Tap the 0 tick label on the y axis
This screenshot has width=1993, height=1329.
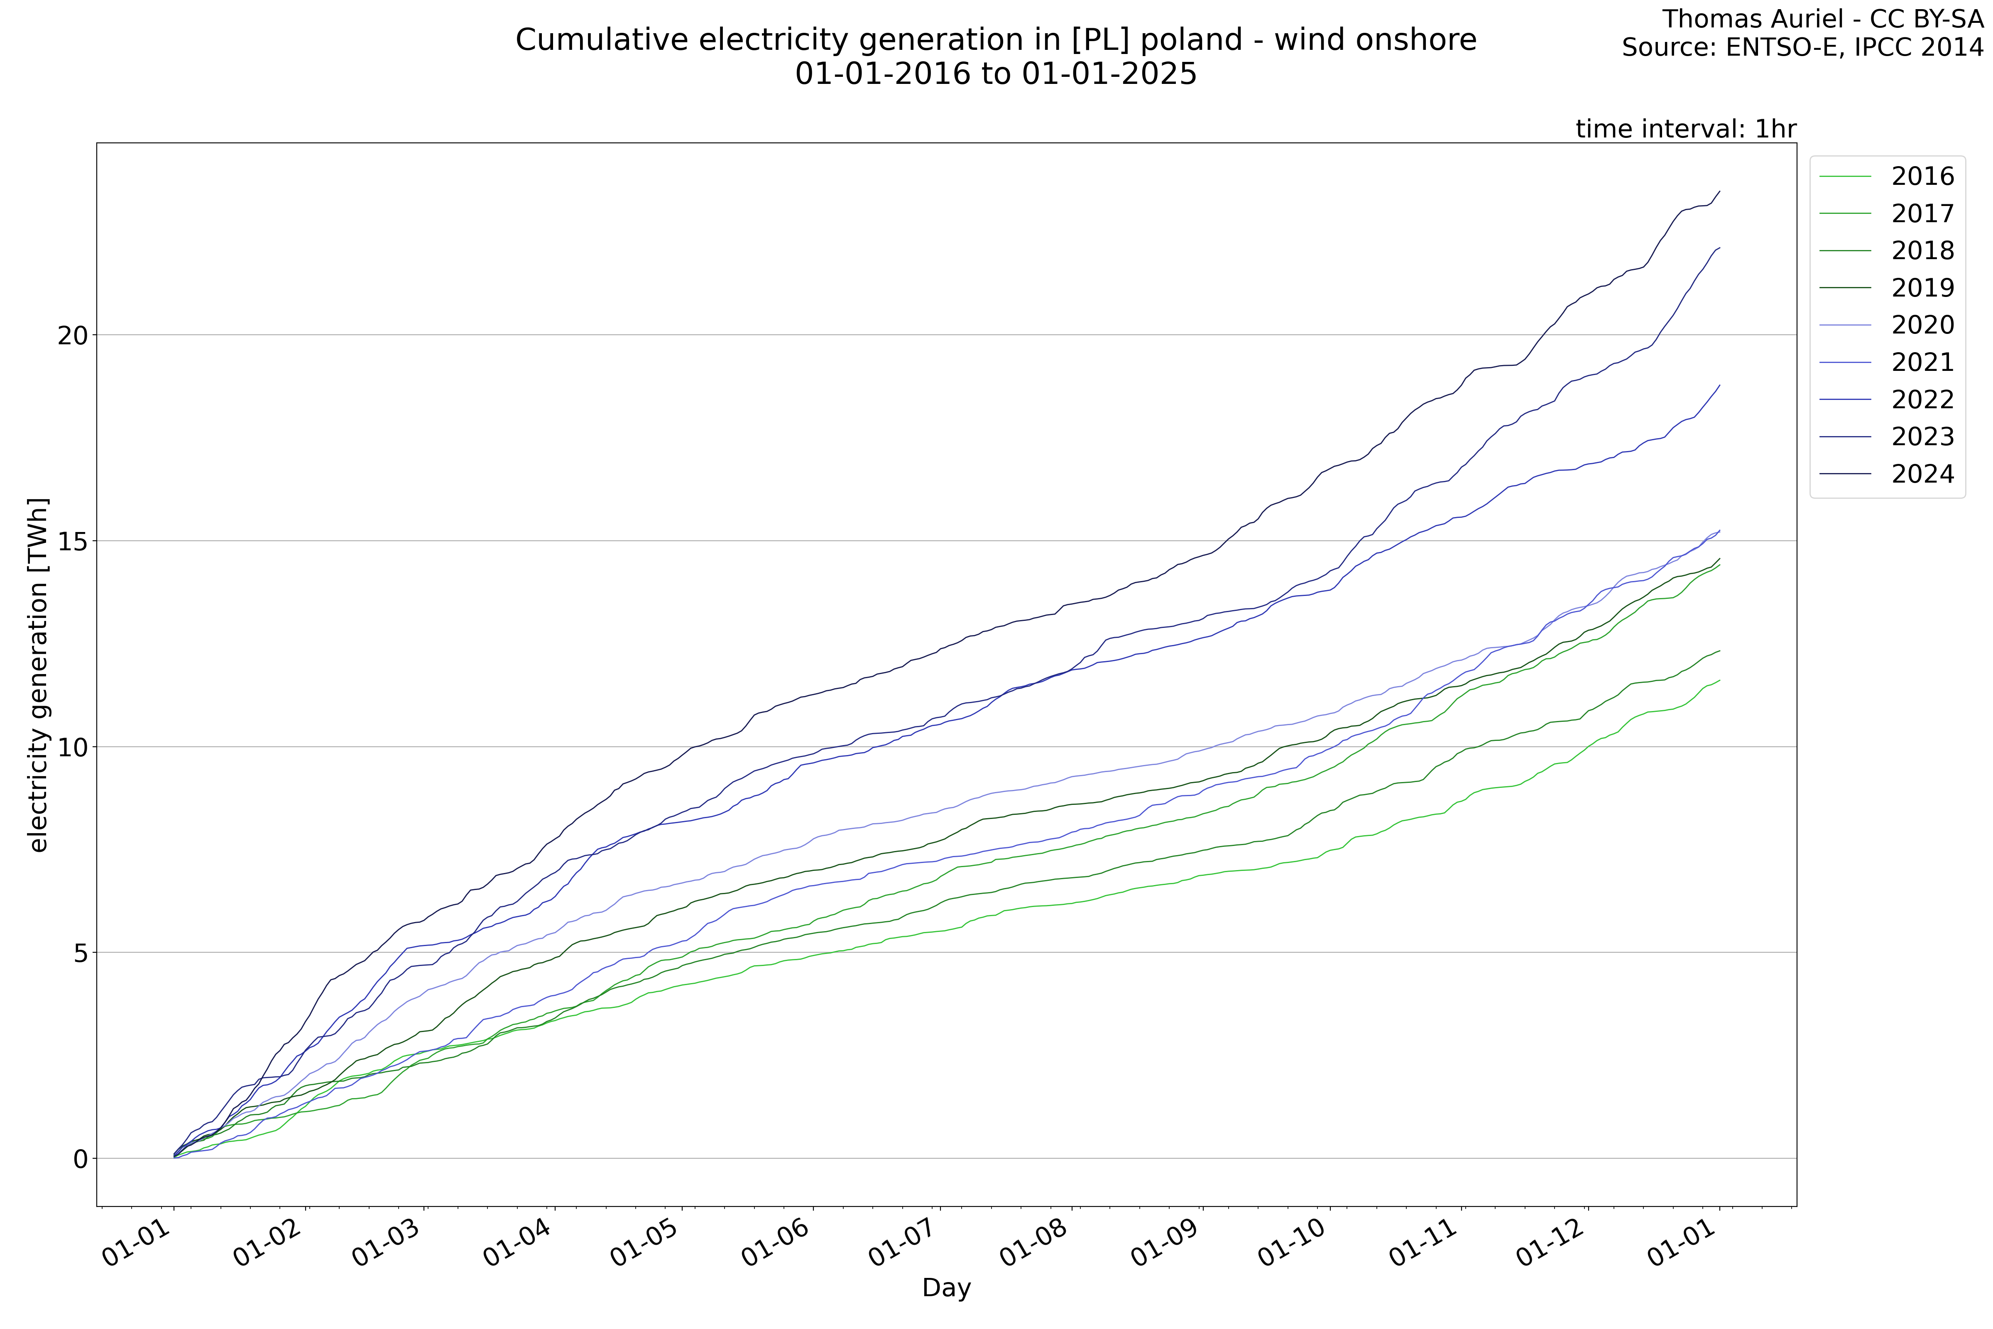(81, 1159)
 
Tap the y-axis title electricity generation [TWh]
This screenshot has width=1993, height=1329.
(38, 674)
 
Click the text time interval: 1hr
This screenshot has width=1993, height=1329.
(1685, 129)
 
